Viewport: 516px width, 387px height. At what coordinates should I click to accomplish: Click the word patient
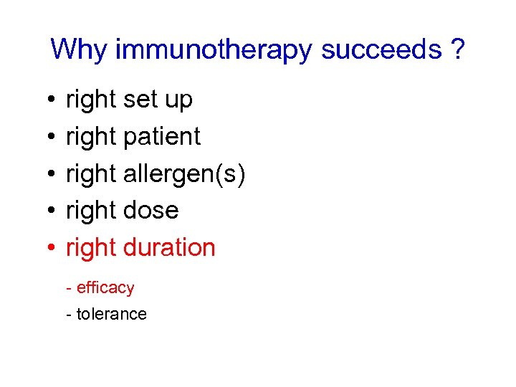163,137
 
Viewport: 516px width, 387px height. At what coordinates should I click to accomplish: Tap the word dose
150,211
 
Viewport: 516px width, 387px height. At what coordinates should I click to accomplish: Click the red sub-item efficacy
105,288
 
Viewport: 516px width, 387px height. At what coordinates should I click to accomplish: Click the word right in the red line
91,248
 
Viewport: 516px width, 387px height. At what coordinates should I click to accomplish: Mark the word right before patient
91,137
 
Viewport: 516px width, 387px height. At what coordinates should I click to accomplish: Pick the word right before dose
91,211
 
